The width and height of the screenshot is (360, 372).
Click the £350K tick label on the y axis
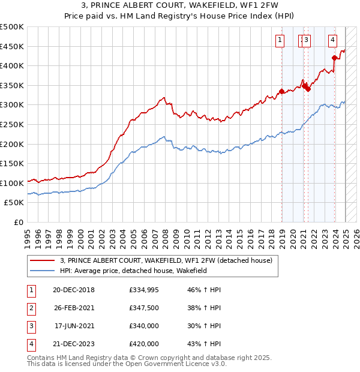(12, 85)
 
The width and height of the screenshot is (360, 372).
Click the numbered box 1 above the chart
(280, 40)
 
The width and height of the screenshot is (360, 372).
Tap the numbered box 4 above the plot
(332, 40)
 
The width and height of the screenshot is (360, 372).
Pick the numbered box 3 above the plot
(307, 40)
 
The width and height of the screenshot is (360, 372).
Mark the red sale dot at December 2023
(334, 58)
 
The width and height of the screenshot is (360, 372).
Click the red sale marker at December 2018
(281, 91)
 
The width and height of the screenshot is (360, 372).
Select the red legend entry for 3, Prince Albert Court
(166, 260)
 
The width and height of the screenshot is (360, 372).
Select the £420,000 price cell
(144, 344)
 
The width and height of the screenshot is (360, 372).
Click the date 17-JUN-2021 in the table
(73, 327)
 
